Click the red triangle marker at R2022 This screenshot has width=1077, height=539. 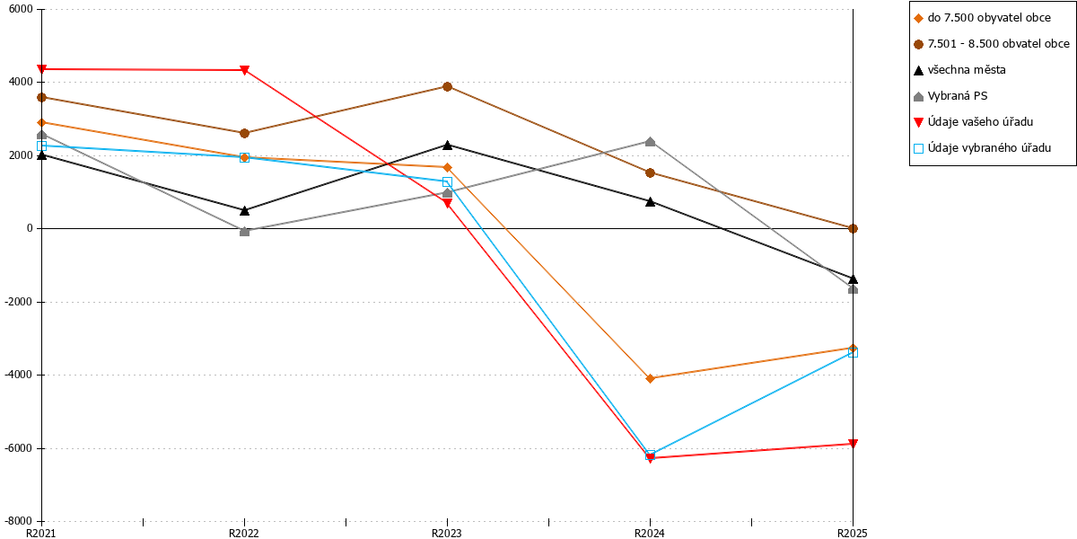pyautogui.click(x=244, y=70)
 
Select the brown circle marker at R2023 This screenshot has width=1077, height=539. pyautogui.click(x=447, y=86)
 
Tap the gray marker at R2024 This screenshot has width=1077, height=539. pyautogui.click(x=650, y=142)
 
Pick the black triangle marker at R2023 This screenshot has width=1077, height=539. pyautogui.click(x=447, y=145)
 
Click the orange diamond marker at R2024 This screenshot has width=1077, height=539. pyautogui.click(x=650, y=379)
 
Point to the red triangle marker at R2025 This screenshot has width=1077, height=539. pyautogui.click(x=853, y=444)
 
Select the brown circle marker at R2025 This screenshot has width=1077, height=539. pyautogui.click(x=853, y=228)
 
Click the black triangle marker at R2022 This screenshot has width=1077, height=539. pyautogui.click(x=244, y=210)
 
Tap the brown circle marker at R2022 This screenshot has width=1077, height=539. pyautogui.click(x=244, y=133)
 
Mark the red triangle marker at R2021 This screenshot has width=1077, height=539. pyautogui.click(x=42, y=69)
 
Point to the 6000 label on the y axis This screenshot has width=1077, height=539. pyautogui.click(x=22, y=9)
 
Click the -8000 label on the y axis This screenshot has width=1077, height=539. pyautogui.click(x=19, y=521)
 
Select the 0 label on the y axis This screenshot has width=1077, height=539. pyautogui.click(x=30, y=228)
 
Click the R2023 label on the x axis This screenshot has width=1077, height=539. pyautogui.click(x=447, y=534)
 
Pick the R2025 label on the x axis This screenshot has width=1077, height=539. pyautogui.click(x=853, y=534)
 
